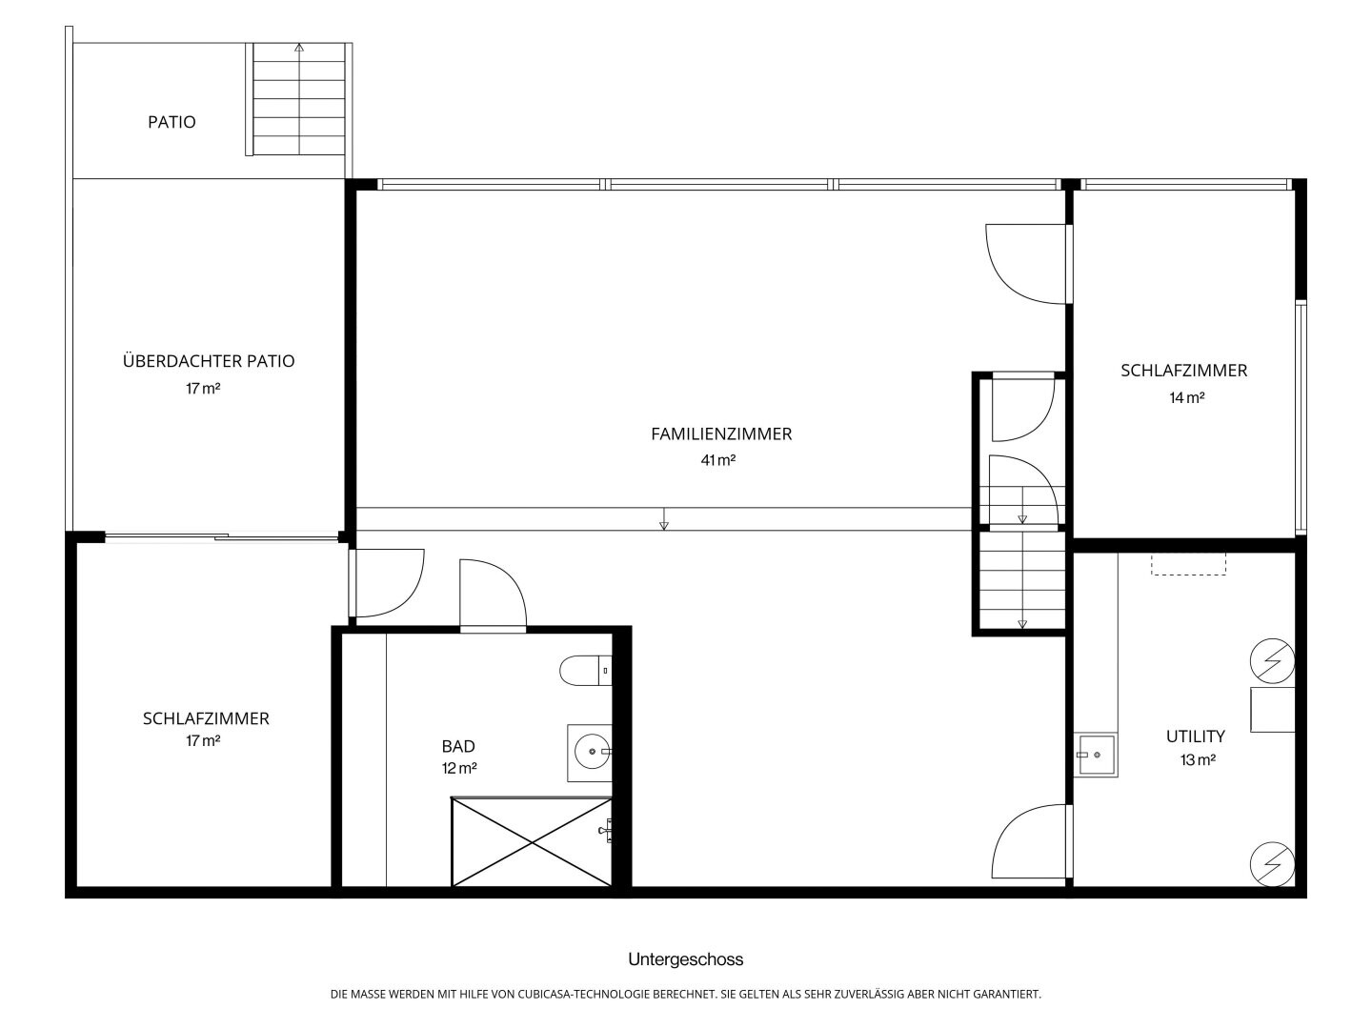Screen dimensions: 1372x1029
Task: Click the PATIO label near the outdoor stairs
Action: coord(171,122)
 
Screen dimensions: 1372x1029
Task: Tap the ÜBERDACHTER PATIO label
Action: coord(208,360)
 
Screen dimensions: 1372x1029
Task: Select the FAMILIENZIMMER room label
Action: coord(721,434)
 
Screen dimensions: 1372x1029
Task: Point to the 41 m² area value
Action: coord(717,460)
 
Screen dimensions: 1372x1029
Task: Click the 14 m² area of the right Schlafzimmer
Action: coord(1187,397)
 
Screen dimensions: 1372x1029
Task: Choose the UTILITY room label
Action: coord(1195,736)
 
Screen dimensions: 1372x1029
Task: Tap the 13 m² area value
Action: coord(1198,760)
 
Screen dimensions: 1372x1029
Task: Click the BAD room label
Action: coord(458,746)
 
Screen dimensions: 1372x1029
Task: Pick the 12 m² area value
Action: coord(459,768)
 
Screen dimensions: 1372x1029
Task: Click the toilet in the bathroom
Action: coord(586,671)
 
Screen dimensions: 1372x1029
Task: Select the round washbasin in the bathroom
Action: coord(592,752)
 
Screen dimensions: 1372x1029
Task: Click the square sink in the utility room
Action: coord(1096,755)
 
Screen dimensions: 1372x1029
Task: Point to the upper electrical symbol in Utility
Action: coord(1272,661)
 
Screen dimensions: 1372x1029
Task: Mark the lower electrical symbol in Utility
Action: coord(1272,864)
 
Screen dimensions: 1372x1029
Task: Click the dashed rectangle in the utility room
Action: coord(1188,564)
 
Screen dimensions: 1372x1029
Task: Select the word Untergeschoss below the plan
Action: coord(686,959)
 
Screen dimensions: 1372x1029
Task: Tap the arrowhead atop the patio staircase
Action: coord(299,47)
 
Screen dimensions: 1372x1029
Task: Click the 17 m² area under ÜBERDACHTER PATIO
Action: coord(203,389)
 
